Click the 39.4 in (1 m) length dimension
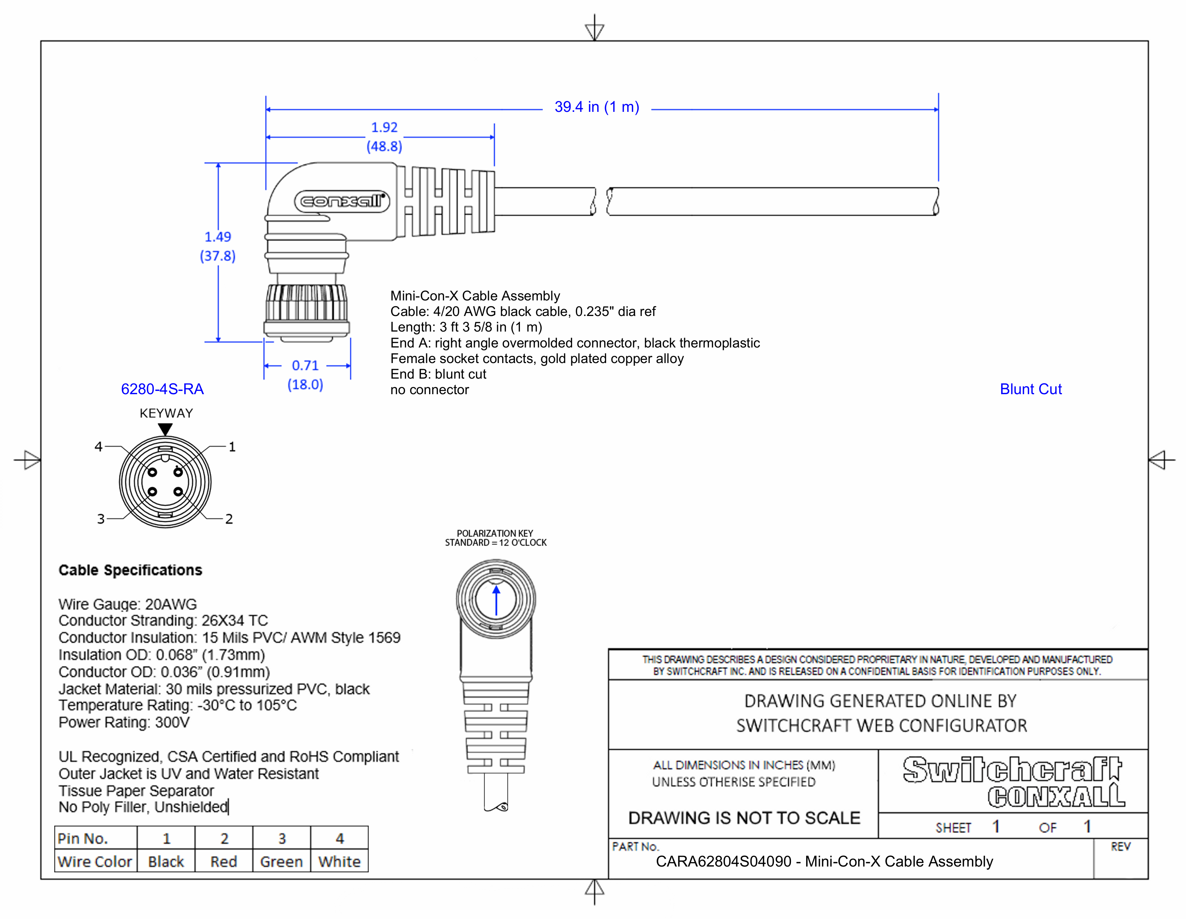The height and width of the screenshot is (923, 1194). click(596, 107)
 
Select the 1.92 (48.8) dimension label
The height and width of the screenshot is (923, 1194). click(384, 137)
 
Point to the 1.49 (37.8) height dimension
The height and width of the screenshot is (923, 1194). click(217, 246)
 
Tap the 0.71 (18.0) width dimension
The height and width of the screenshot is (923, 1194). click(305, 375)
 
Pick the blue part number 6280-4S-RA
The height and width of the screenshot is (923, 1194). click(162, 389)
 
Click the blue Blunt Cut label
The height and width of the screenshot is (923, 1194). click(1030, 389)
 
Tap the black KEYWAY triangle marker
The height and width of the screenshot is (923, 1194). click(165, 429)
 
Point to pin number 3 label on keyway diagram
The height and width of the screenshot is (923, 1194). click(101, 519)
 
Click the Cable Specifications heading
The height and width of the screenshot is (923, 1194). click(130, 570)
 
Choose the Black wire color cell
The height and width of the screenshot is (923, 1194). click(166, 862)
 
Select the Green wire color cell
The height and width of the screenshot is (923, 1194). click(281, 862)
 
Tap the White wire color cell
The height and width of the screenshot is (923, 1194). click(339, 862)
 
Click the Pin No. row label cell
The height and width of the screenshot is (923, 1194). click(83, 839)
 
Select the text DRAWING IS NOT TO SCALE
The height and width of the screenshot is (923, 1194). click(744, 818)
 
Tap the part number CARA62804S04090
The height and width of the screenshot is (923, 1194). click(723, 862)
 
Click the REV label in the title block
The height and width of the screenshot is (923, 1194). click(1120, 847)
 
